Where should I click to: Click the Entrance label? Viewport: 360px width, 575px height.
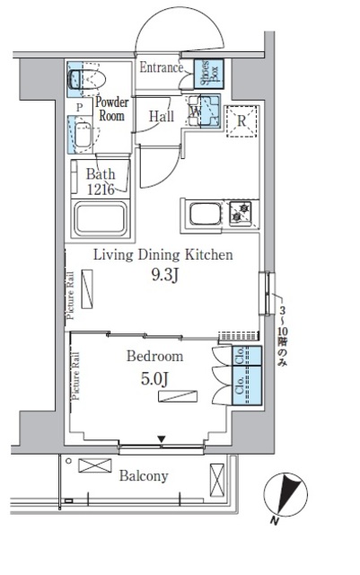(161, 67)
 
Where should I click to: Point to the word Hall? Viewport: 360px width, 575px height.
(162, 116)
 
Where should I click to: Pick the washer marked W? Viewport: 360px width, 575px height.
(204, 113)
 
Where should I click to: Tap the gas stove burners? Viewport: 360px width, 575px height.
(241, 214)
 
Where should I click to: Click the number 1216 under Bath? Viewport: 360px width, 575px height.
(101, 189)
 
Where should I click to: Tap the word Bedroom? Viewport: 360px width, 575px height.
(154, 357)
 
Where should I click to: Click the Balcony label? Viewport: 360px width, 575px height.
(144, 477)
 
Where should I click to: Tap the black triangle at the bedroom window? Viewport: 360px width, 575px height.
(162, 439)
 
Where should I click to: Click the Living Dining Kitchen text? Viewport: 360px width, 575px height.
(163, 255)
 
